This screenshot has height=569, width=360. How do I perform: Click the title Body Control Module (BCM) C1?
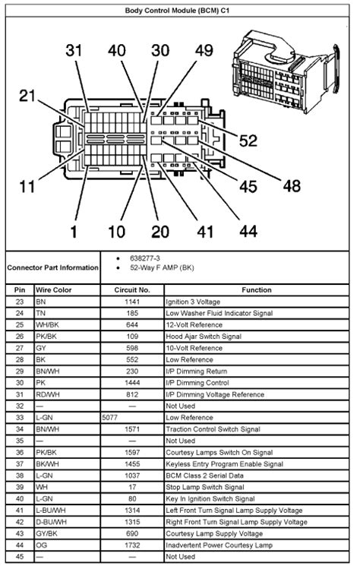180,11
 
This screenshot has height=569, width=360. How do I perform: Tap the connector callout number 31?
74,51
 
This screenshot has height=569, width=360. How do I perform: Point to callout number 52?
248,141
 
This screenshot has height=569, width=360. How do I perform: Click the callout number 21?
28,95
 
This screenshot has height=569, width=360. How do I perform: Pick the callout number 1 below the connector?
73,231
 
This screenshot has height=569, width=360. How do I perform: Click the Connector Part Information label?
52,267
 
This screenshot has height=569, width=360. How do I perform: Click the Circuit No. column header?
132,290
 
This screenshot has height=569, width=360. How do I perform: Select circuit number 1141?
132,302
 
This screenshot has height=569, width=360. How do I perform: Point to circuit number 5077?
111,417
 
